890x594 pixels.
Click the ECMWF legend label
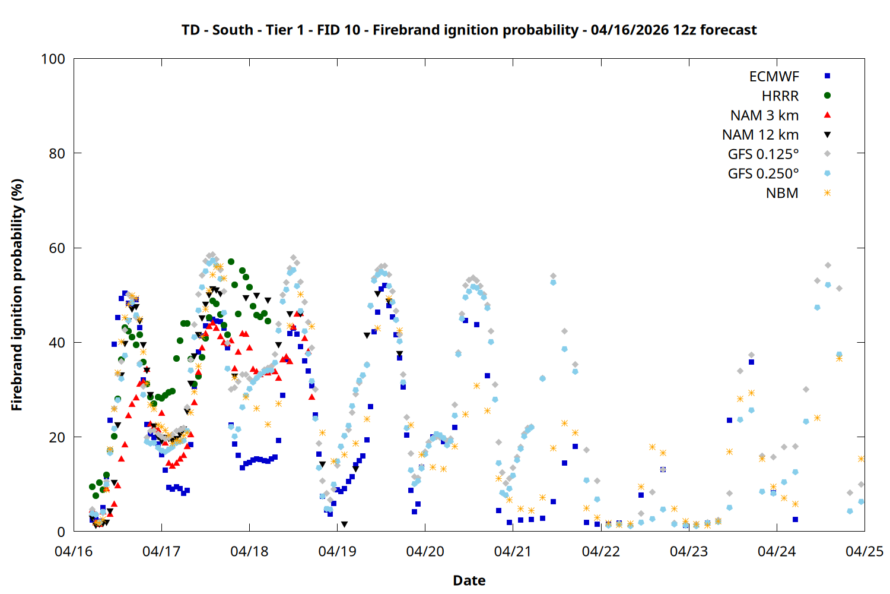point(774,77)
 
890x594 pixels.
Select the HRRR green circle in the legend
point(827,96)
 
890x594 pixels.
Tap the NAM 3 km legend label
point(764,115)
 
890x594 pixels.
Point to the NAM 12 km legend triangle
point(827,135)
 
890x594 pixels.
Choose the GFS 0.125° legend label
point(763,154)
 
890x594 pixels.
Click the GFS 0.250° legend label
point(763,174)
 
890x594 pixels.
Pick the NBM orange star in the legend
point(827,193)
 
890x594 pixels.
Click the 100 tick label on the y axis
point(53,59)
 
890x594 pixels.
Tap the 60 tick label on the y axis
point(57,248)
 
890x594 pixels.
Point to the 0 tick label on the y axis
point(61,532)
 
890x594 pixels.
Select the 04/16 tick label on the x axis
point(74,551)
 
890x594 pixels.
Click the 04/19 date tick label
point(337,551)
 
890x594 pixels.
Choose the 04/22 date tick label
point(600,551)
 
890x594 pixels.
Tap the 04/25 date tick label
point(864,551)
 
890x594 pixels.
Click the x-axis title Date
point(469,580)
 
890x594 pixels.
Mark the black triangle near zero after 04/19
point(344,525)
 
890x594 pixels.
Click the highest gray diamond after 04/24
point(828,265)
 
